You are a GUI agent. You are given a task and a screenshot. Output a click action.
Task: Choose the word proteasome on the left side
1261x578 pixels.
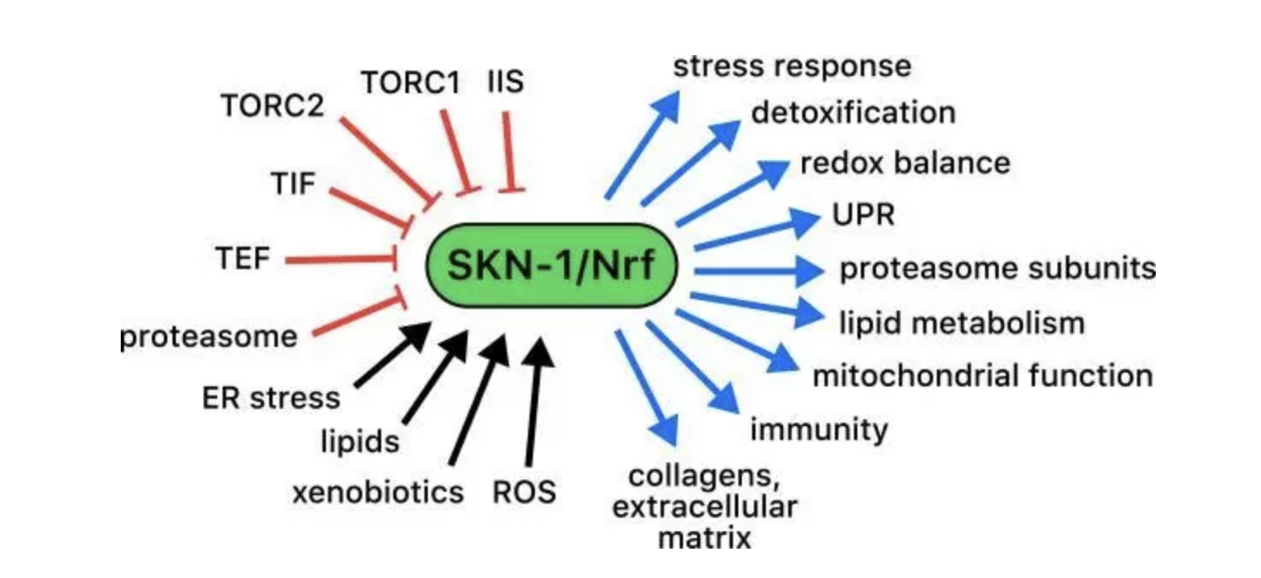pyautogui.click(x=207, y=336)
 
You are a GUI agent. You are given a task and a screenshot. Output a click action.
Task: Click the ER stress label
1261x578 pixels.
pyautogui.click(x=271, y=398)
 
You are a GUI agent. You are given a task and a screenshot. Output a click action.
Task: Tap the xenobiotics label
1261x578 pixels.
pyautogui.click(x=378, y=492)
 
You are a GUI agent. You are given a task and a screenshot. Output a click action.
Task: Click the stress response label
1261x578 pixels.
pyautogui.click(x=791, y=66)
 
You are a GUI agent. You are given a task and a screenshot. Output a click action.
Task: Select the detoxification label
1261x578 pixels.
pyautogui.click(x=853, y=112)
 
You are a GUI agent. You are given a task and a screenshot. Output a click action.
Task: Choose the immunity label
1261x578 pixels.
pyautogui.click(x=818, y=429)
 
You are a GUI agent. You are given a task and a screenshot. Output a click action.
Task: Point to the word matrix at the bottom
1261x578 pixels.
pyautogui.click(x=704, y=538)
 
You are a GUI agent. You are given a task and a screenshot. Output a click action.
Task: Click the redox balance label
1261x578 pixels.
pyautogui.click(x=904, y=163)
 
